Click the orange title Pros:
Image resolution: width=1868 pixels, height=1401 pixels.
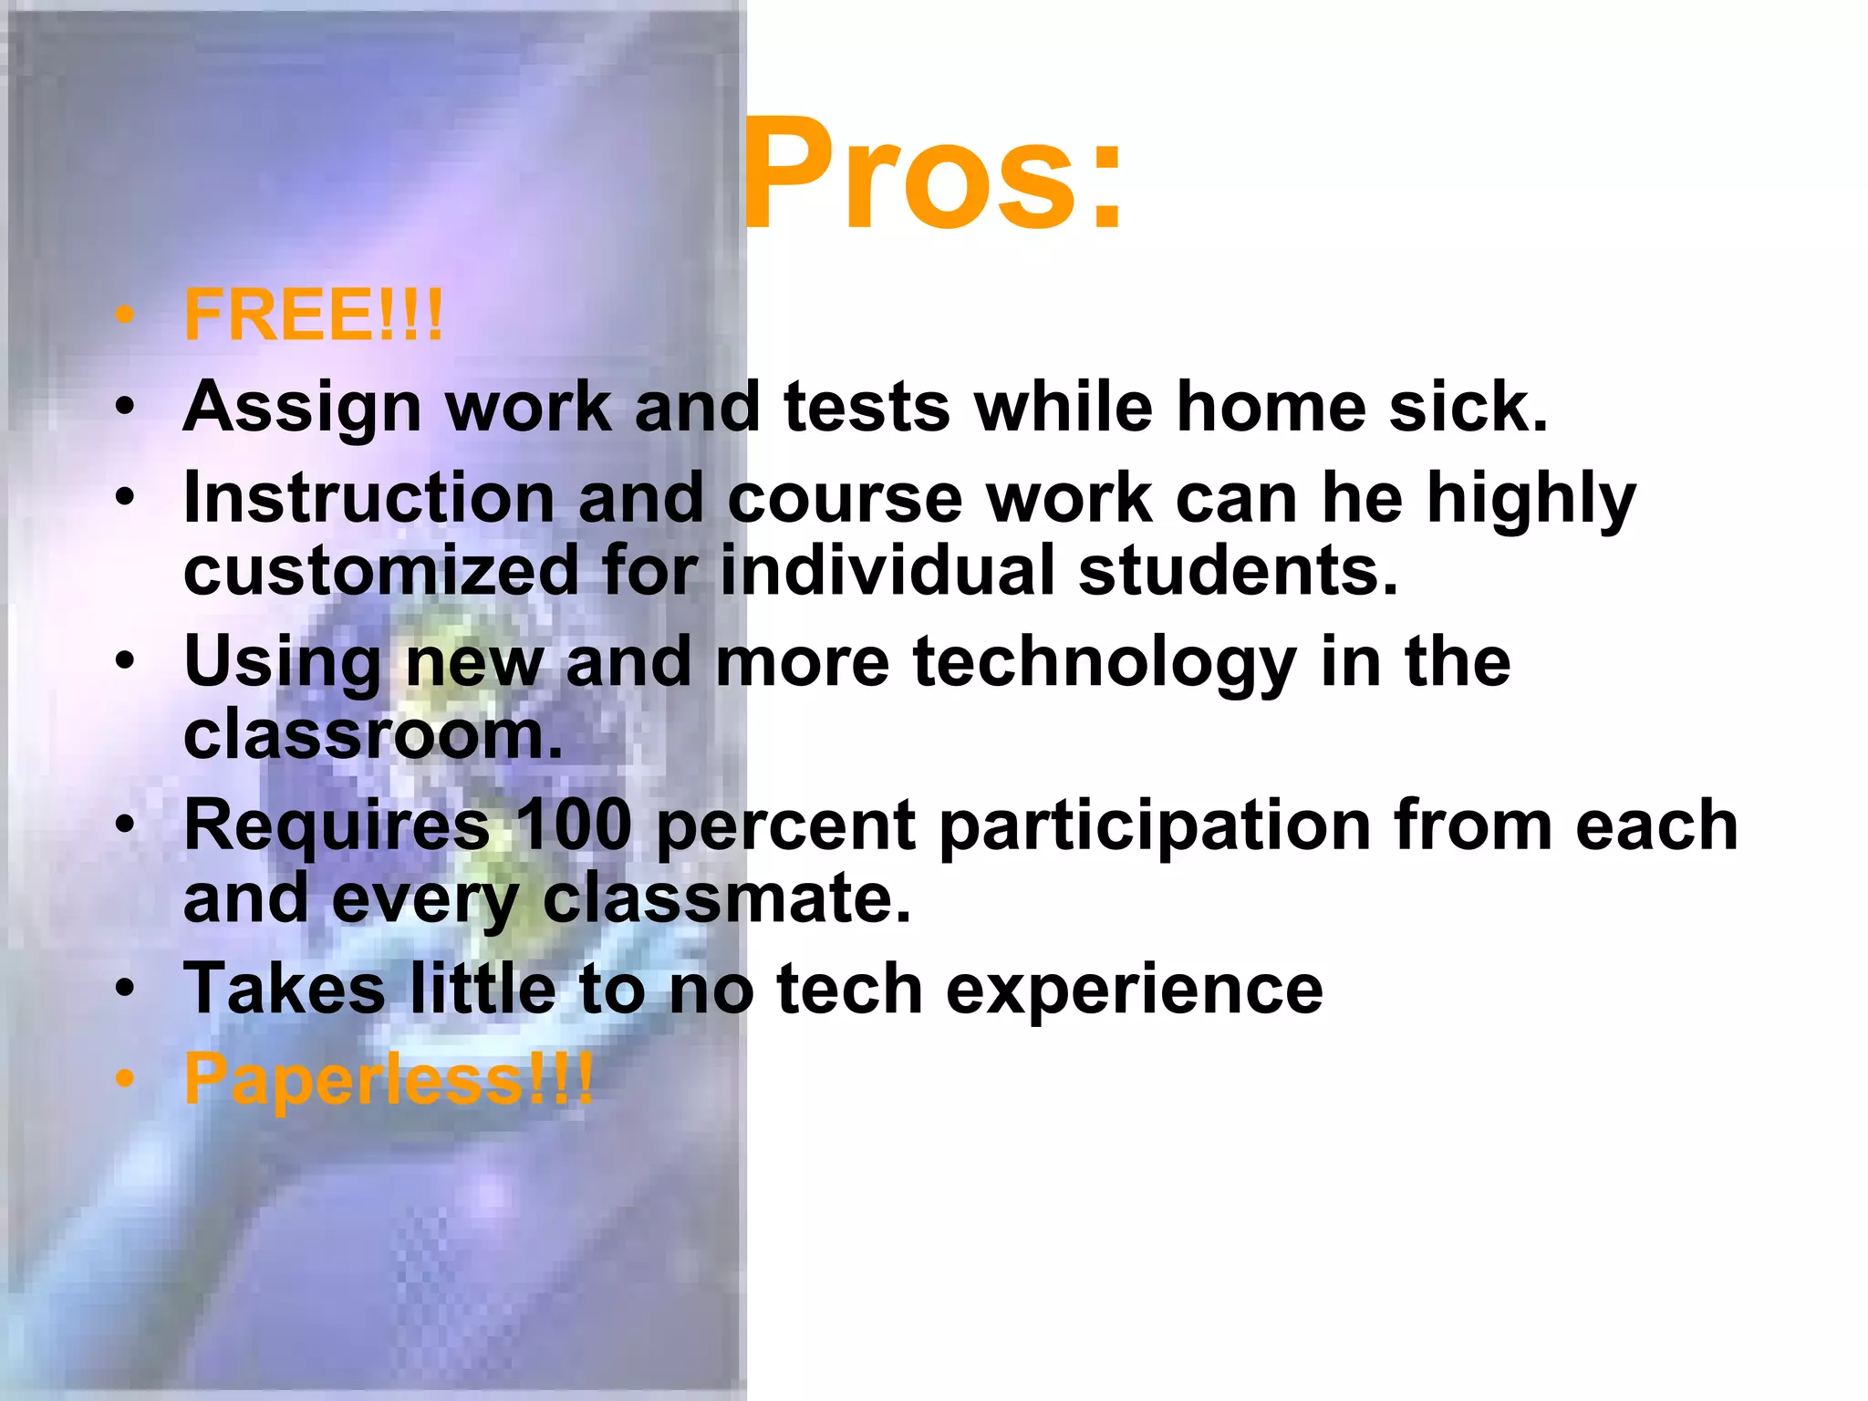[x=933, y=175]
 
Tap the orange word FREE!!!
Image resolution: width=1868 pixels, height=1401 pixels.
[x=313, y=316]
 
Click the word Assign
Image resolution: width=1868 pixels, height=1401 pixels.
[x=302, y=408]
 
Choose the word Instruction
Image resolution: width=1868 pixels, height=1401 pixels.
[x=368, y=498]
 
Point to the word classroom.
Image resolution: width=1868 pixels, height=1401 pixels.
[x=373, y=735]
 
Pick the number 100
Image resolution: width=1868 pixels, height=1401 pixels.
[x=573, y=825]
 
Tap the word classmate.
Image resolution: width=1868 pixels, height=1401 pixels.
[x=727, y=898]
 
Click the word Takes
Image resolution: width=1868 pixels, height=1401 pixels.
[x=285, y=989]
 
